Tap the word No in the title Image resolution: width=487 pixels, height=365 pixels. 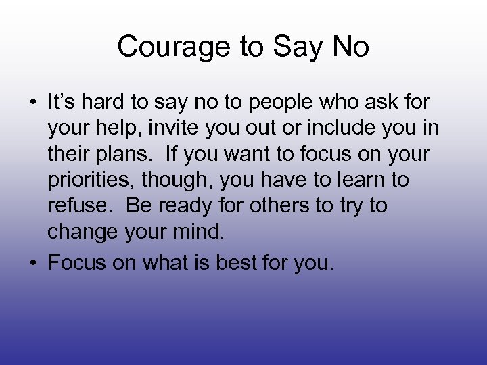pos(352,47)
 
